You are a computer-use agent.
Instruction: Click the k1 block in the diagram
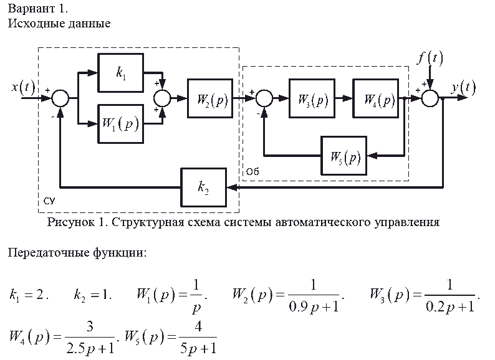point(120,72)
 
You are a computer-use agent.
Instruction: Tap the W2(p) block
point(209,98)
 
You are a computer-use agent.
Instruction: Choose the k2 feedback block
point(204,187)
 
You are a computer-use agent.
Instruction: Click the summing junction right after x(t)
point(60,98)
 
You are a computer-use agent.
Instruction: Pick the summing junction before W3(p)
point(264,98)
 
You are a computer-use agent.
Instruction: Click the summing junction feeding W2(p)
point(163,98)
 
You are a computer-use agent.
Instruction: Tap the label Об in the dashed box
point(252,171)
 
